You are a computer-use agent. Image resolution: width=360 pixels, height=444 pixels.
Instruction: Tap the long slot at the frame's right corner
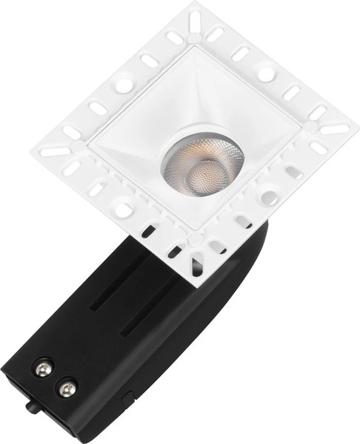pos(335,128)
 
